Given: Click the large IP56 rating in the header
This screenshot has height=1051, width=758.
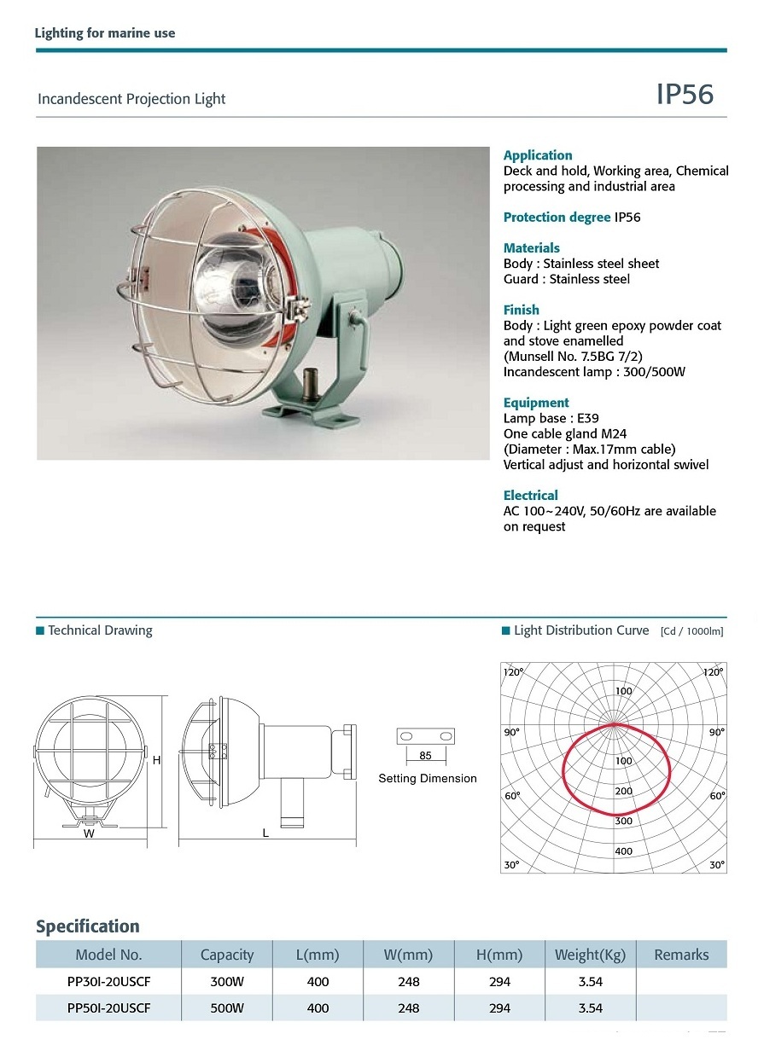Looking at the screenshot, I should coord(684,95).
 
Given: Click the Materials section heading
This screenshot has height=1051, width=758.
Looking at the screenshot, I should coord(531,248).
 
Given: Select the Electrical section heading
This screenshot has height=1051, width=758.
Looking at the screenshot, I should coord(530,496).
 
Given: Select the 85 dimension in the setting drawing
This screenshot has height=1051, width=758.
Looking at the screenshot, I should coord(425,756).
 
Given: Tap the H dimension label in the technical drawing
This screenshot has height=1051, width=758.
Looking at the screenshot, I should coord(157,760).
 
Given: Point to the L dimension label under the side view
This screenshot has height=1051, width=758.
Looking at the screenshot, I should coord(265,833).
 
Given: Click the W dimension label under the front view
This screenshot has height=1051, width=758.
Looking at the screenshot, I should coord(89,834).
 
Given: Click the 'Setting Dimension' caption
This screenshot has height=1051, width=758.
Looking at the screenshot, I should coord(428,779).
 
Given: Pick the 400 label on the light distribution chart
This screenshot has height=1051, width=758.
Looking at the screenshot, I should coord(623,851).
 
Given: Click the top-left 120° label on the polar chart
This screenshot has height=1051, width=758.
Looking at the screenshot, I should coord(513,672).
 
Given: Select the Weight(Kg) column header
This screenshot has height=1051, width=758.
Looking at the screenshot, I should coord(590,955).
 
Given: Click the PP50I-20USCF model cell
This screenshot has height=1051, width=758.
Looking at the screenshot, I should coord(108,1007).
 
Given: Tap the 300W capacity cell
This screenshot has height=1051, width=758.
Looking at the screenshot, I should coord(227,982).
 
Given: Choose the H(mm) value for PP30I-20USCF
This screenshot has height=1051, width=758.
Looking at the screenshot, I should coord(499,982).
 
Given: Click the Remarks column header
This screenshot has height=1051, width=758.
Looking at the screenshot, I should coord(681,955).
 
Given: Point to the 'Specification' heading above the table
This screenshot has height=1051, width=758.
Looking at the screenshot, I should coord(87,926).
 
